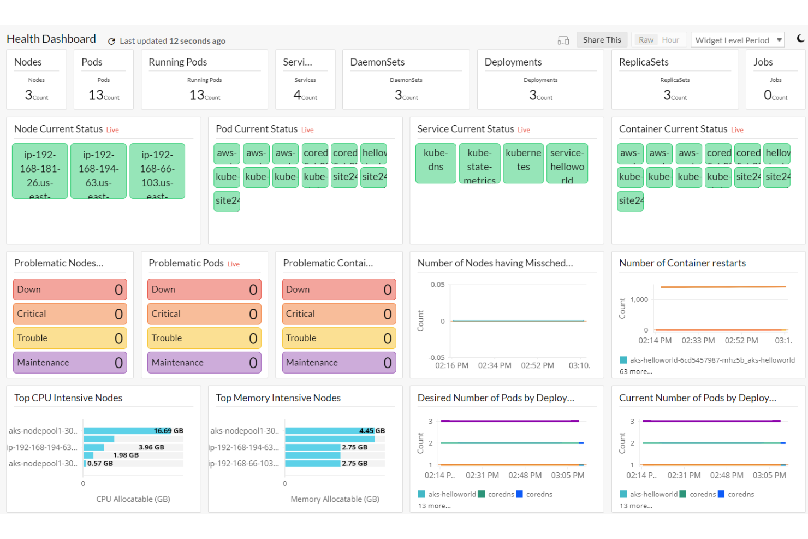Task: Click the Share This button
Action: click(602, 40)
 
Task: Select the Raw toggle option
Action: click(646, 40)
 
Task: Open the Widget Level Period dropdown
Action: click(738, 40)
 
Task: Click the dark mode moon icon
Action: click(800, 38)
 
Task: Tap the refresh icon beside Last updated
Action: click(111, 41)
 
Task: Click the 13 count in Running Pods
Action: click(197, 95)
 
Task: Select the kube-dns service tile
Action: click(435, 163)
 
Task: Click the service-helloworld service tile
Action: click(567, 163)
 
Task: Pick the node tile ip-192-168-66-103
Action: click(157, 170)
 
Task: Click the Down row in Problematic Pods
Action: click(204, 289)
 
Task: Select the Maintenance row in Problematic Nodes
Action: click(70, 363)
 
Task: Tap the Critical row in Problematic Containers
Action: click(338, 314)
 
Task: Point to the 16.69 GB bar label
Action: click(168, 431)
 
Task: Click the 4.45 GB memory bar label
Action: click(372, 431)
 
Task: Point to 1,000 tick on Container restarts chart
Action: click(639, 300)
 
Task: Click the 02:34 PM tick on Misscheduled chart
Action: click(495, 365)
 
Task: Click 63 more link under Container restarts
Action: click(635, 372)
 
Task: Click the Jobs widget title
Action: click(763, 62)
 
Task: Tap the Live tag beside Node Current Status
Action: click(112, 130)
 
